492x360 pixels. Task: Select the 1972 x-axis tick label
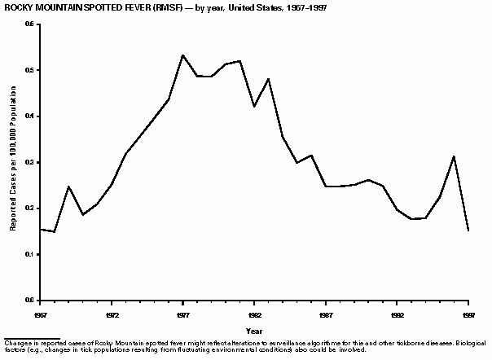(112, 314)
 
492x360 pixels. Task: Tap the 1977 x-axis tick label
(183, 314)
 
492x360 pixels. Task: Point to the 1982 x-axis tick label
(255, 314)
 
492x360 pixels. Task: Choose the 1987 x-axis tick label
(326, 314)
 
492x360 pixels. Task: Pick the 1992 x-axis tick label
(398, 314)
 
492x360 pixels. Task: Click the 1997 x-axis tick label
(468, 314)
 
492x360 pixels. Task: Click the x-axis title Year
(254, 331)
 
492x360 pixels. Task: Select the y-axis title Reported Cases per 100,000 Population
(13, 163)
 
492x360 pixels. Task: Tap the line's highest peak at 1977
(183, 55)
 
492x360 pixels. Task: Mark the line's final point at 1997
(468, 230)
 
